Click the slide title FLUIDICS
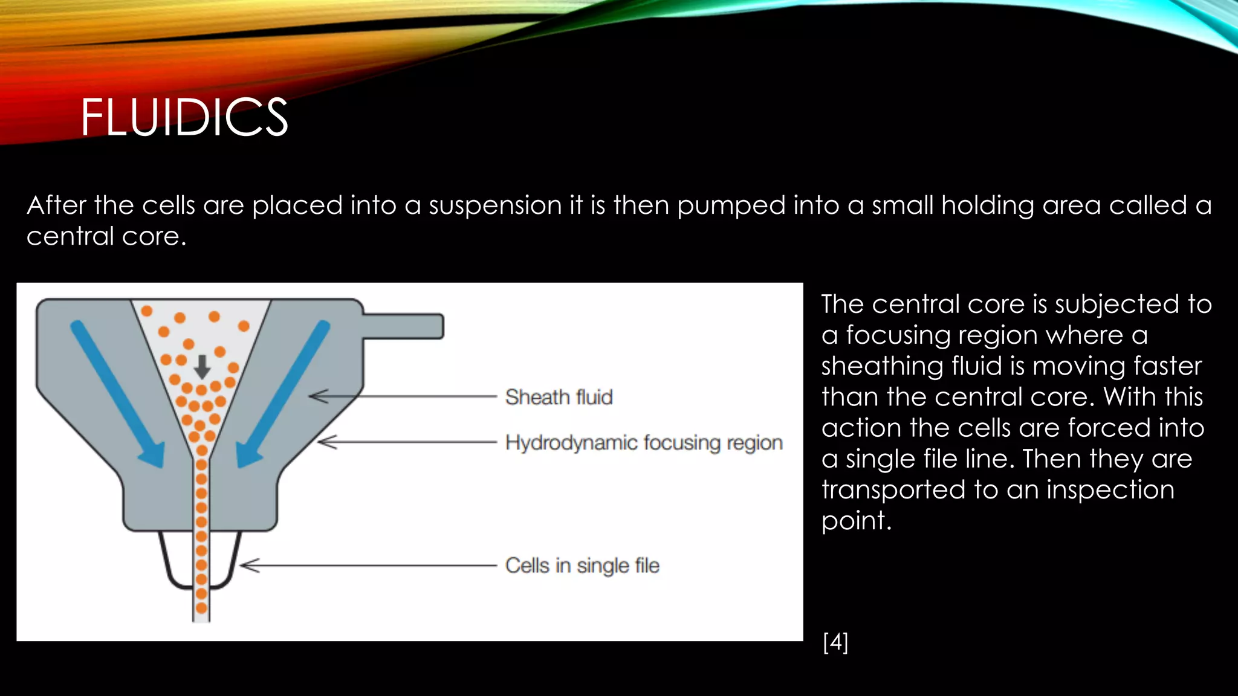pos(184,117)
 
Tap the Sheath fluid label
pos(559,397)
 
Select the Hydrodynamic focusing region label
pos(644,443)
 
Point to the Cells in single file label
pos(582,565)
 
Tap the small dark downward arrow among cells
pos(202,366)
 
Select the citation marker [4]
pos(835,642)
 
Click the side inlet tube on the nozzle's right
pos(404,326)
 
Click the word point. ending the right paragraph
pos(856,521)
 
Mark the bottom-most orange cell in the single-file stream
pos(201,608)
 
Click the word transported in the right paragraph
pos(893,490)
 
